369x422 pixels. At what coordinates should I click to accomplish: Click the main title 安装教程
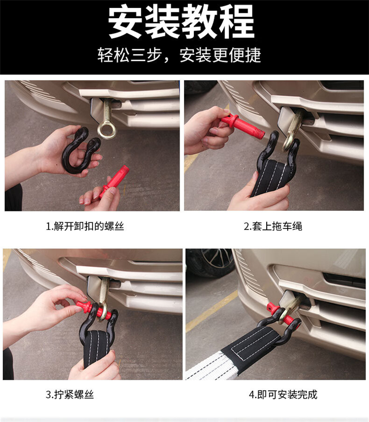(181, 22)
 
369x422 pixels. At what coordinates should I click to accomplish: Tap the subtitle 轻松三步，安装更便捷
(179, 55)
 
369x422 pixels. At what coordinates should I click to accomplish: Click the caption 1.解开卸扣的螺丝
(85, 226)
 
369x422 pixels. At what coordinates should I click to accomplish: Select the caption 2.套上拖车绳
(273, 226)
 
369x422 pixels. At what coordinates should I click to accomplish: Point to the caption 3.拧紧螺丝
(69, 394)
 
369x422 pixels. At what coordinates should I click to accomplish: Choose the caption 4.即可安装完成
(283, 394)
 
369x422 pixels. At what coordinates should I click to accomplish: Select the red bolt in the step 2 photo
(243, 126)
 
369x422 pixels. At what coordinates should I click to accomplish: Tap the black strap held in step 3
(96, 347)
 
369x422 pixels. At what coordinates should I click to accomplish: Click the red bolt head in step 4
(272, 309)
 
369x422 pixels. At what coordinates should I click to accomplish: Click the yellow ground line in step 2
(191, 162)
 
